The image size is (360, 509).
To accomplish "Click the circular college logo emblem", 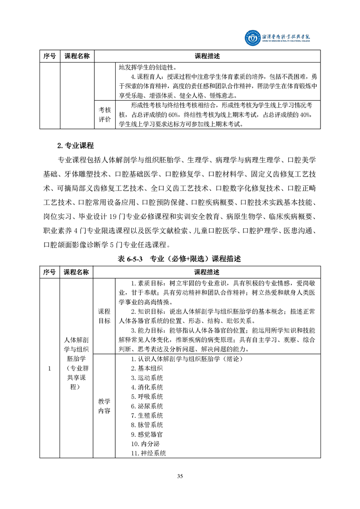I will coord(250,39).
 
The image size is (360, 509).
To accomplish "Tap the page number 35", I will coord(180,476).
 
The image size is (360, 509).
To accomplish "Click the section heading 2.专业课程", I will coord(75,146).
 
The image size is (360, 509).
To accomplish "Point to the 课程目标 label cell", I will coord(104,316).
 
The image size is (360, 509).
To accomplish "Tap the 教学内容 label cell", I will coord(104,406).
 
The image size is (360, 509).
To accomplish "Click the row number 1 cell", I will coord(49,368).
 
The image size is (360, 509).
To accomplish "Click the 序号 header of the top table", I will coord(49,56).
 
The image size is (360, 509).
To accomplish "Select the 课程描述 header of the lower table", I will coord(207,272).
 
